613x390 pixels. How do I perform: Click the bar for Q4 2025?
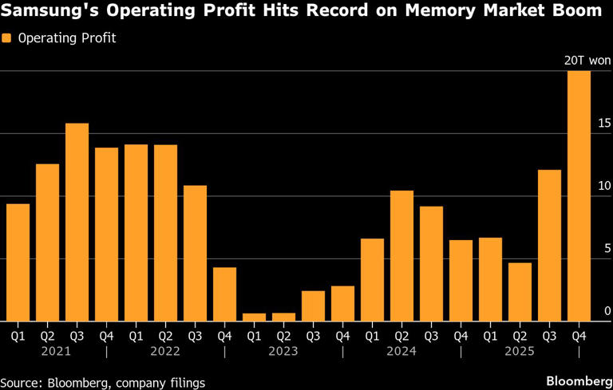tap(579, 196)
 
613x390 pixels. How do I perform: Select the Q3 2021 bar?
tap(77, 223)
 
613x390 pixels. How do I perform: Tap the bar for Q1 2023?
tap(254, 317)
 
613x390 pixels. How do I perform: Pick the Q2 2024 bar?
tap(401, 256)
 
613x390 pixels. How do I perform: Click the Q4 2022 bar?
tap(224, 294)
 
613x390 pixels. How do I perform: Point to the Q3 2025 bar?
tap(549, 246)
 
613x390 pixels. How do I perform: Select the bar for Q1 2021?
tap(18, 262)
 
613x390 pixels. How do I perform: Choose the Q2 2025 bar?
tap(520, 292)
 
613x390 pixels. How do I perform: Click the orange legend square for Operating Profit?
tap(7, 38)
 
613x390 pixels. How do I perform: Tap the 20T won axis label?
tap(587, 61)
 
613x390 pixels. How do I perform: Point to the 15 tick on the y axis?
tap(603, 123)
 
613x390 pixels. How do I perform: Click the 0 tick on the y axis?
tap(607, 311)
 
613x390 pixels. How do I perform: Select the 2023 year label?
tap(283, 351)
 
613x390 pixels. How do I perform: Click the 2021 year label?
tap(47, 351)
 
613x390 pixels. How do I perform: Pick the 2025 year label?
tap(520, 351)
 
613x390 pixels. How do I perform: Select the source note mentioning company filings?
tap(102, 383)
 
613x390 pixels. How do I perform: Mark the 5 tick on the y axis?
tap(607, 249)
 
